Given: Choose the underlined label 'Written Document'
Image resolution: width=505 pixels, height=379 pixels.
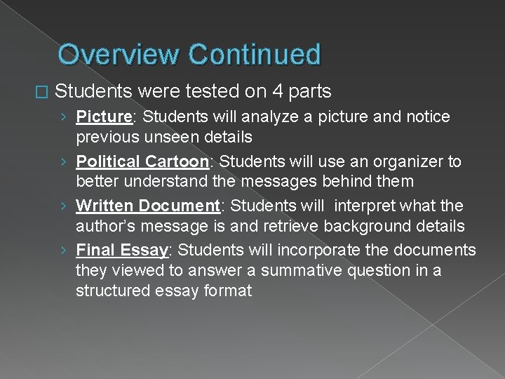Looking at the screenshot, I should tap(148, 206).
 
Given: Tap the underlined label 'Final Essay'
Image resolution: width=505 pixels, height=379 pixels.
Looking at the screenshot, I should tap(121, 250).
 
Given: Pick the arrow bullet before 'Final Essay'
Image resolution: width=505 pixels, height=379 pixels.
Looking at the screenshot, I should tap(65, 251).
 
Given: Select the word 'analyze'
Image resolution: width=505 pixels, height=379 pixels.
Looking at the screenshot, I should tap(283, 117).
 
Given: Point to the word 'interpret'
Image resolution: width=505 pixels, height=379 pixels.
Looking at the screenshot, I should tap(366, 206).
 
